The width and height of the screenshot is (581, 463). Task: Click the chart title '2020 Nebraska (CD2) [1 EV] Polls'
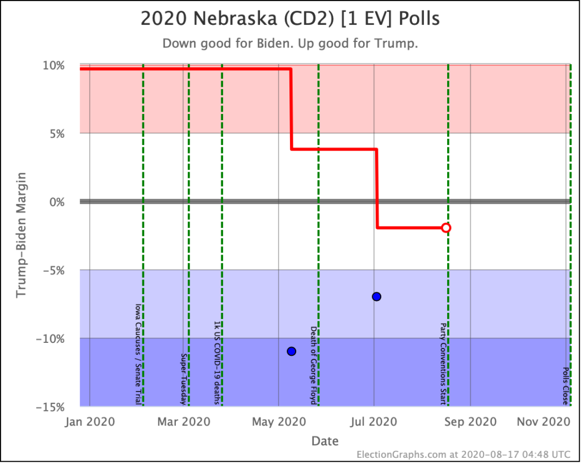[x=290, y=19]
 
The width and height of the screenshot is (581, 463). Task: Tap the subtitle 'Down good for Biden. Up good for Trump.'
[x=290, y=44]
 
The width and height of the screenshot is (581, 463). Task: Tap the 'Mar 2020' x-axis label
[x=183, y=422]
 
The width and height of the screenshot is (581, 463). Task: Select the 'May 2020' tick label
[x=278, y=422]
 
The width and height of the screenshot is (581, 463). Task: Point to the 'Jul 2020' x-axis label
[x=374, y=422]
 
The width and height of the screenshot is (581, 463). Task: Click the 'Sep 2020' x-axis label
[x=470, y=422]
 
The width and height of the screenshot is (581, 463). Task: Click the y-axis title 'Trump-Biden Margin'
[x=22, y=236]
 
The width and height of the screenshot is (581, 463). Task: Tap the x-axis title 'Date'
[x=325, y=440]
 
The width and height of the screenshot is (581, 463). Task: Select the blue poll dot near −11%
[x=292, y=351]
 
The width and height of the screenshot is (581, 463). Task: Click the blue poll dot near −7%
[x=376, y=296]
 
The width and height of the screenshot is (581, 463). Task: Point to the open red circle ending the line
[x=446, y=228]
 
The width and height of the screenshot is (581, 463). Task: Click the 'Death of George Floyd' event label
[x=313, y=364]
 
